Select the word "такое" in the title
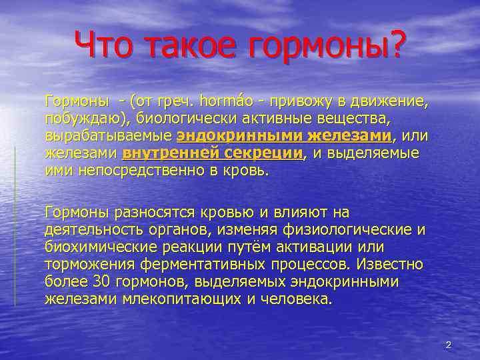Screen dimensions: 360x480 tap(190, 45)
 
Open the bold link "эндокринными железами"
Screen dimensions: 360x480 tap(284, 136)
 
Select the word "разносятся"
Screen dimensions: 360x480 tap(182, 213)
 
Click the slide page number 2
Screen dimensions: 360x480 tap(449, 345)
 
